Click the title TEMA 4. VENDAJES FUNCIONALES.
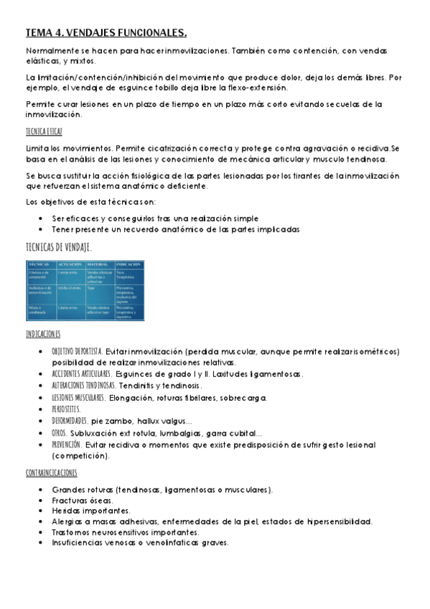[x=106, y=33]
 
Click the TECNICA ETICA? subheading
[x=43, y=131]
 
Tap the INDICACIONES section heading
[x=42, y=335]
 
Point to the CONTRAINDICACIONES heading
[x=51, y=473]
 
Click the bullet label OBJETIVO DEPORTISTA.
[x=78, y=352]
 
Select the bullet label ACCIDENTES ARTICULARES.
[x=81, y=374]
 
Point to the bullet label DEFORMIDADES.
[x=69, y=420]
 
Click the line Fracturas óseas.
[x=82, y=500]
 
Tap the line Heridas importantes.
[x=87, y=511]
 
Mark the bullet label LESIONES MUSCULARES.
[x=78, y=397]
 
